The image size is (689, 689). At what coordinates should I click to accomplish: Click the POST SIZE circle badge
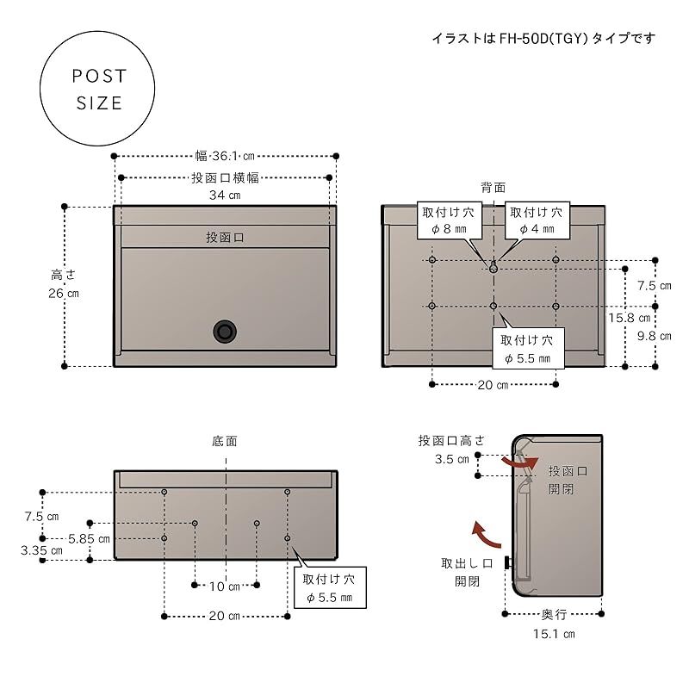[99, 90]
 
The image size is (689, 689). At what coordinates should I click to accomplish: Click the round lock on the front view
[225, 330]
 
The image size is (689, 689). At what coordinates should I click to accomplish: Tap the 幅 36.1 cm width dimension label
[225, 156]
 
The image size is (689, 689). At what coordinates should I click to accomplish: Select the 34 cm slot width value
[225, 196]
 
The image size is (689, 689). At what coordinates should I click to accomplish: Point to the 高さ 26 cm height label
[63, 284]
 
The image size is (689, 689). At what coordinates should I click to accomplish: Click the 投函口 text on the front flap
[225, 237]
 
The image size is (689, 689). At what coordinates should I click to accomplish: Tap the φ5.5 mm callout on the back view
[528, 348]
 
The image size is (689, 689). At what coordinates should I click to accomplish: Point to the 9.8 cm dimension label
[653, 336]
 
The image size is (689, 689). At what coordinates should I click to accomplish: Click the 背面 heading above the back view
[493, 187]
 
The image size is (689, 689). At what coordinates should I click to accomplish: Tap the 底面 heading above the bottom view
[225, 441]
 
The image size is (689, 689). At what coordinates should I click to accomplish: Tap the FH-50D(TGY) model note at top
[543, 38]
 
